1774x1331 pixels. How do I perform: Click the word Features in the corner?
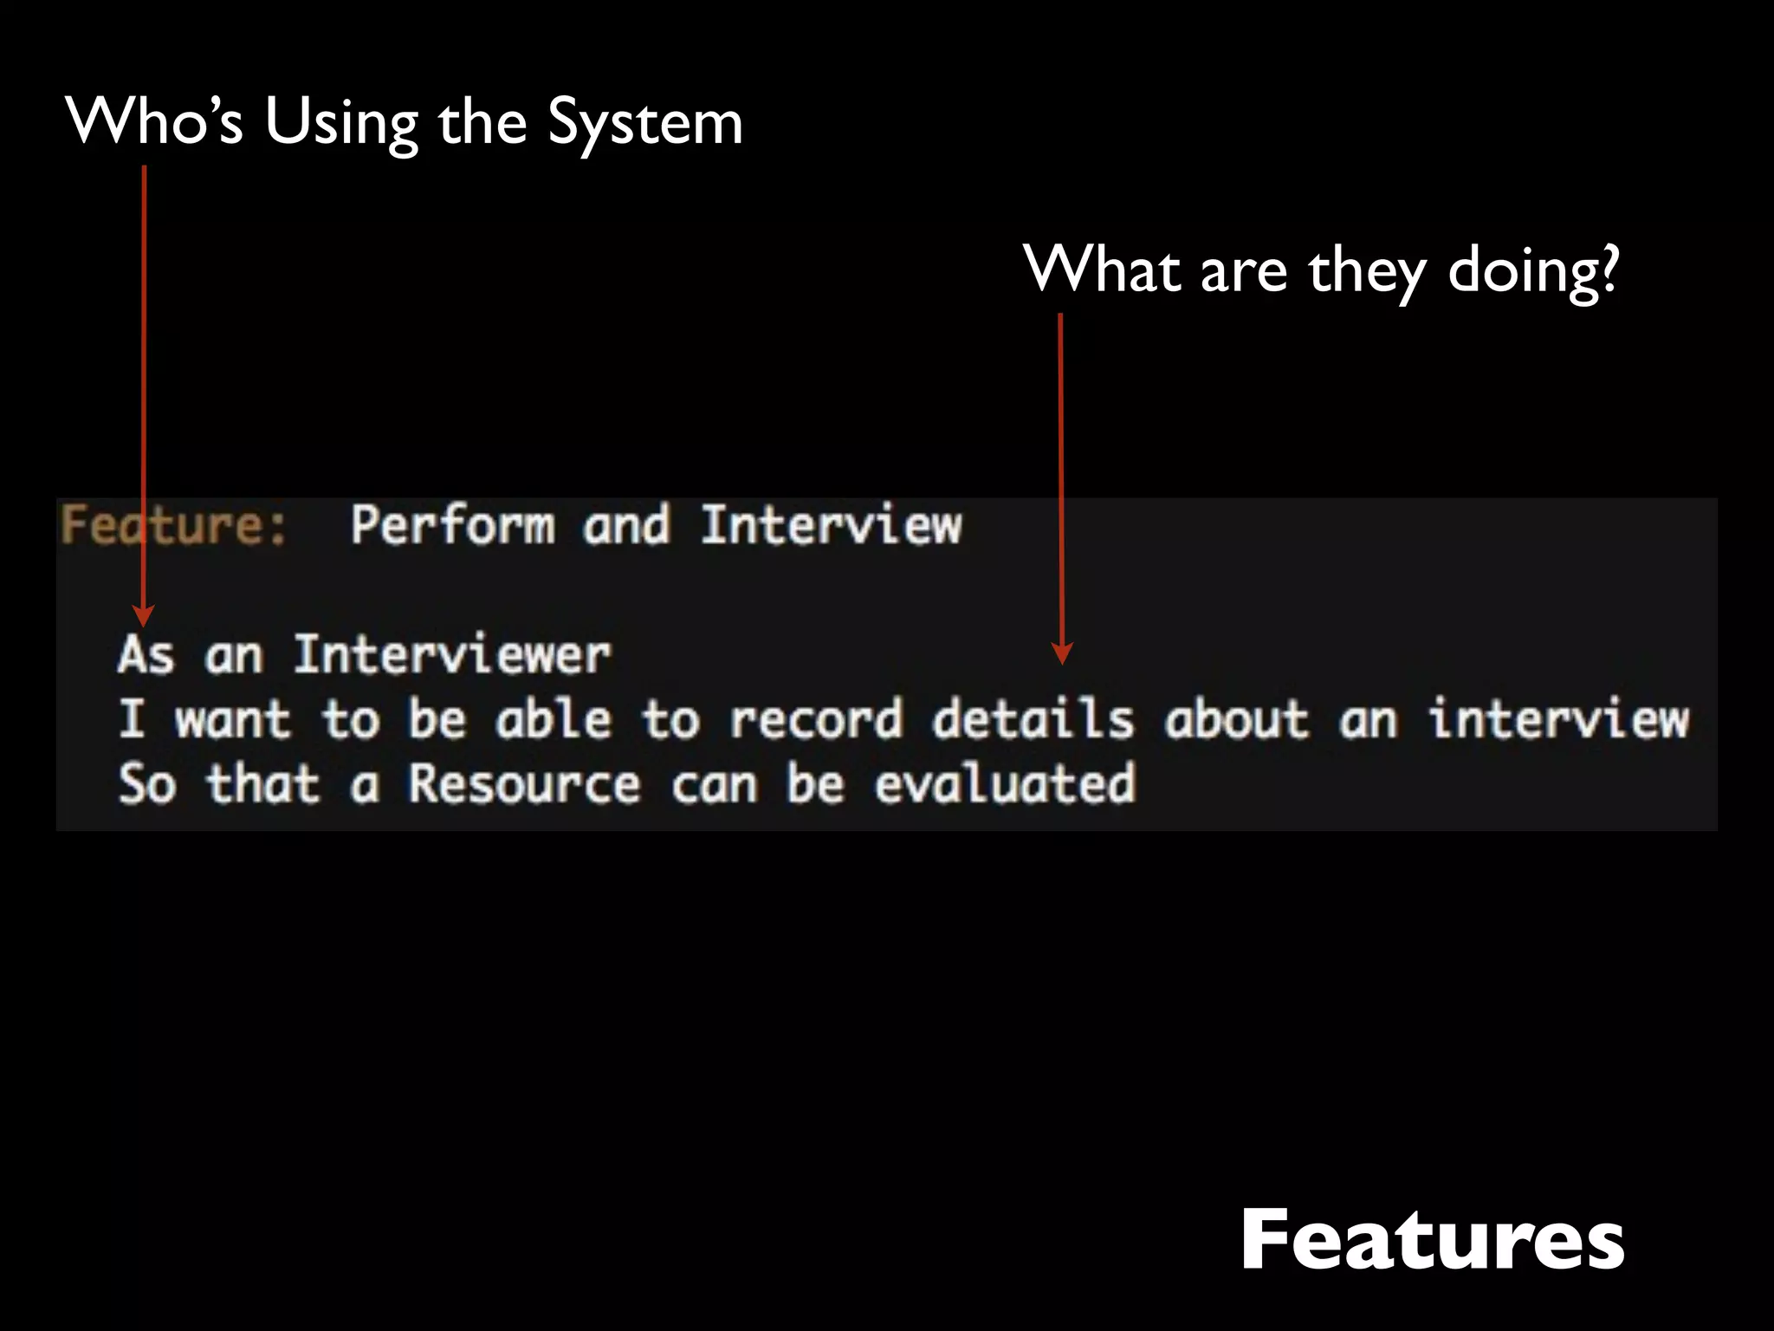coord(1432,1241)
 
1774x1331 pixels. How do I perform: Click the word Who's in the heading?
coord(155,120)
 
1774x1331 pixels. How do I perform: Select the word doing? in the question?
coord(1533,270)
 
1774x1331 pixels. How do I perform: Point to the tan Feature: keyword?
coord(173,525)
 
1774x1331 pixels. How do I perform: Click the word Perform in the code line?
coord(452,525)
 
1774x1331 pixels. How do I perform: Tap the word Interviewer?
coord(452,654)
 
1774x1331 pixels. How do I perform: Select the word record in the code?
coord(816,719)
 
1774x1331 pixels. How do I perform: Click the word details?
coord(1033,719)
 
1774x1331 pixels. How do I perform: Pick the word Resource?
coord(524,784)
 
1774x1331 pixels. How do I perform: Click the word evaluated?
coord(1004,784)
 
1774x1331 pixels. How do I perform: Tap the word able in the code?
coord(554,719)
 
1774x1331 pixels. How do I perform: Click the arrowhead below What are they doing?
coord(1062,653)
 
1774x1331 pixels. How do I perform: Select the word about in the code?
coord(1236,719)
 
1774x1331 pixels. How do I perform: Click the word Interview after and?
coord(831,525)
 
